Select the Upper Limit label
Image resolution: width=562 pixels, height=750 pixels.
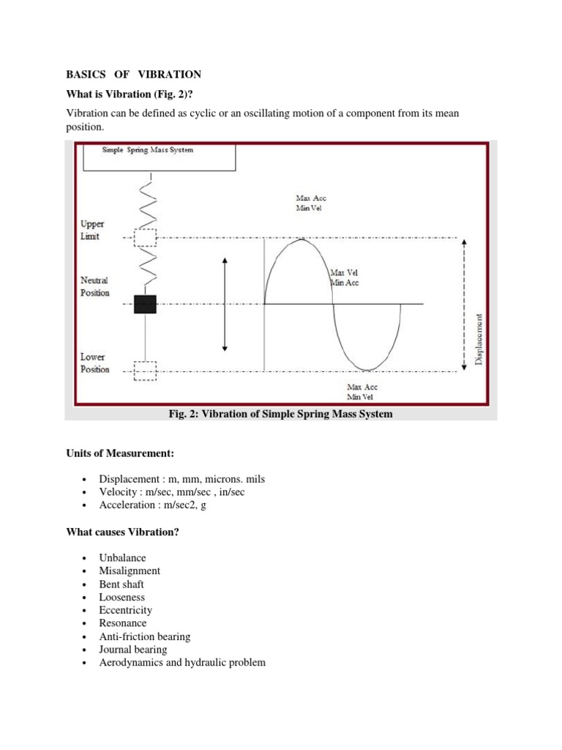93,231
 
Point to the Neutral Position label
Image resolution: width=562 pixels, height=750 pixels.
95,286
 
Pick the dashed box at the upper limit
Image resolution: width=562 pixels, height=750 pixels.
146,238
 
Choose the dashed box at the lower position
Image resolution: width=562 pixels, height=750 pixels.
146,371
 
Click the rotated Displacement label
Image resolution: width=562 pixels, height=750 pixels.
479,338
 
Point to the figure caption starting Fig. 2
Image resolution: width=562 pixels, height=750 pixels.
280,415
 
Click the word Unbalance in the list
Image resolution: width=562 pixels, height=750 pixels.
122,557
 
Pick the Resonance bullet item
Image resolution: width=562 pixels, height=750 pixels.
122,623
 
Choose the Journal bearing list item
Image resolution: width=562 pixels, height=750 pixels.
132,650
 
